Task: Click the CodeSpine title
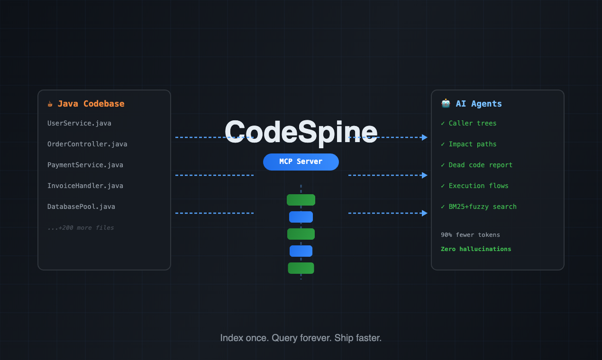301,132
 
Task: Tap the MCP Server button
301,162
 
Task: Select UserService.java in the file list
79,123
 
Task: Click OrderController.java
87,144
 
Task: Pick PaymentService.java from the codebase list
85,165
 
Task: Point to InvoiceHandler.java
85,186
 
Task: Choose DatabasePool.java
81,207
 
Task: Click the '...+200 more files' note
81,228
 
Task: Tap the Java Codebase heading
91,104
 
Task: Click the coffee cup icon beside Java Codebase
50,104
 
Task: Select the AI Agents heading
479,104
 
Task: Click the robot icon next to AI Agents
446,103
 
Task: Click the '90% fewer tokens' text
470,235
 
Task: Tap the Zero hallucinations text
476,249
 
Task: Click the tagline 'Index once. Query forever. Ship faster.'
301,338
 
